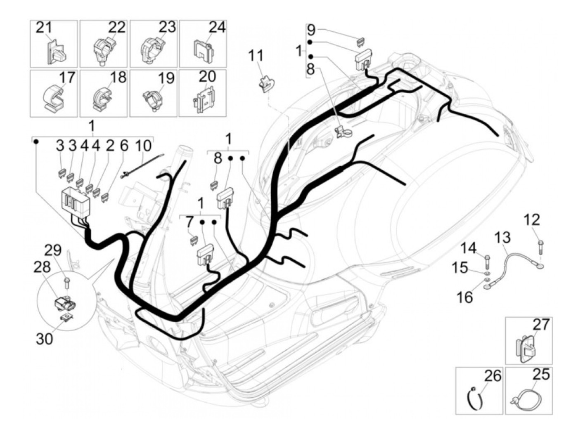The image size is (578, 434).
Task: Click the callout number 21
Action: tap(44, 28)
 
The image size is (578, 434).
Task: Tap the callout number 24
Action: tap(217, 28)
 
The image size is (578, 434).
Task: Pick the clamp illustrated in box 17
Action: tap(53, 98)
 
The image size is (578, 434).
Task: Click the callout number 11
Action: tap(256, 56)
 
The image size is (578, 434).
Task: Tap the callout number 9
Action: tap(311, 30)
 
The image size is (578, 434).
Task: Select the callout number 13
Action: tap(502, 238)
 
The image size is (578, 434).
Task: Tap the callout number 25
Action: tap(541, 374)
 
